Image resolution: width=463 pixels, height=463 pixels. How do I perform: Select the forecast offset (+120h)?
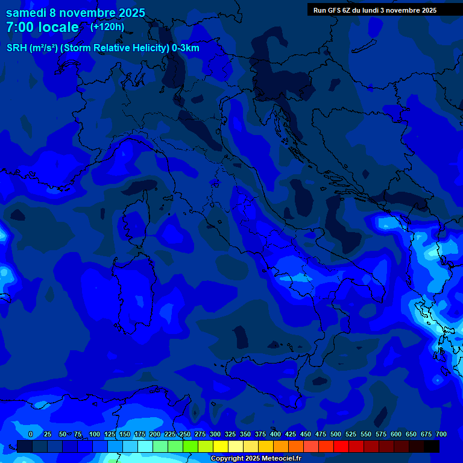(107, 27)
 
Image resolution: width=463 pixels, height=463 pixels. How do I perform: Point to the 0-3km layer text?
(186, 48)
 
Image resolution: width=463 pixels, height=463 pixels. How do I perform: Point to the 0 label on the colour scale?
(31, 434)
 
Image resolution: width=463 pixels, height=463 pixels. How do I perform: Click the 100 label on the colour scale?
(95, 434)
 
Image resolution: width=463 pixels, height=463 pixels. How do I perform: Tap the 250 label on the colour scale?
(185, 434)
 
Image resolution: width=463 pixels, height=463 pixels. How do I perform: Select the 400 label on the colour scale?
(276, 434)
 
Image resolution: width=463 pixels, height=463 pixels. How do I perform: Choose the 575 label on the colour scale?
(381, 434)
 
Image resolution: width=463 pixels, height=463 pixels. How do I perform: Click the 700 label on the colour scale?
(441, 434)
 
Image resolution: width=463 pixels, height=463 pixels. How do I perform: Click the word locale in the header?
(57, 28)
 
